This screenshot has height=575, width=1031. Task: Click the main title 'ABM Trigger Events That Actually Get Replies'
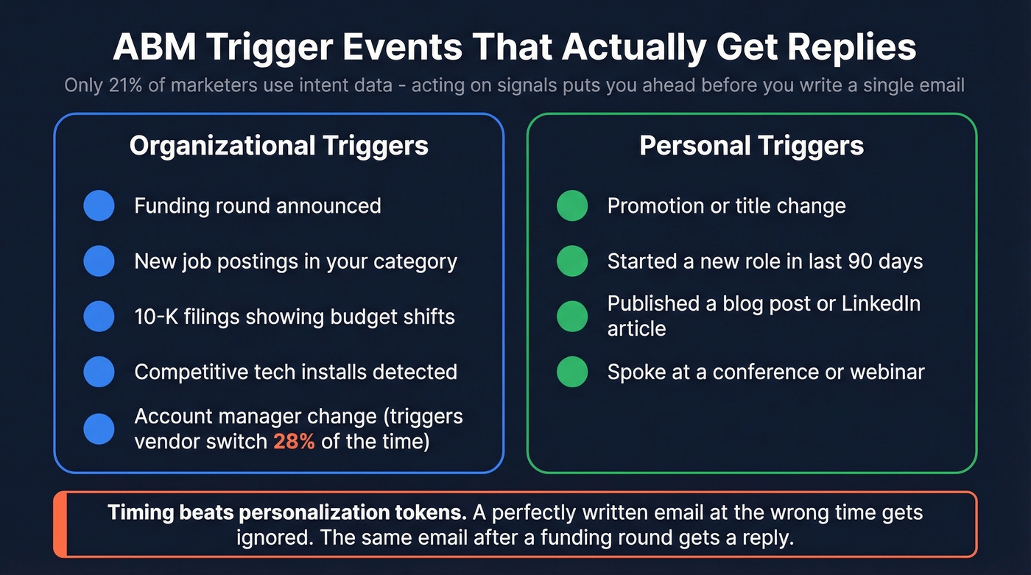click(x=515, y=47)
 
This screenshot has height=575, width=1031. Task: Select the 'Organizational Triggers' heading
click(x=278, y=146)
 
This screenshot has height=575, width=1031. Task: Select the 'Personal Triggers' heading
click(x=751, y=146)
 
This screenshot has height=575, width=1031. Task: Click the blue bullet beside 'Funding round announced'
click(x=99, y=205)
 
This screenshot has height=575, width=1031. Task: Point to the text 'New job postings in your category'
click(x=295, y=261)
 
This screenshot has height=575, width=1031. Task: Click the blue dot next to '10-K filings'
click(x=99, y=317)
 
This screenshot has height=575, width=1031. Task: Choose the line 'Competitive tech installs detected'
click(x=295, y=372)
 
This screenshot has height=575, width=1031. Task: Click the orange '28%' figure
click(x=294, y=442)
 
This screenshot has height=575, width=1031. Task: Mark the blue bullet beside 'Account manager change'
click(x=99, y=428)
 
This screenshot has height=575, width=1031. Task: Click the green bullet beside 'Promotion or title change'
click(x=572, y=205)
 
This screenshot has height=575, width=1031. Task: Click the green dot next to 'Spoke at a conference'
click(x=572, y=372)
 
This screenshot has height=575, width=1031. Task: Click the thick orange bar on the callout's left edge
click(x=60, y=524)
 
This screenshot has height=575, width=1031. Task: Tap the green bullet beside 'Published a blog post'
click(x=572, y=316)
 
